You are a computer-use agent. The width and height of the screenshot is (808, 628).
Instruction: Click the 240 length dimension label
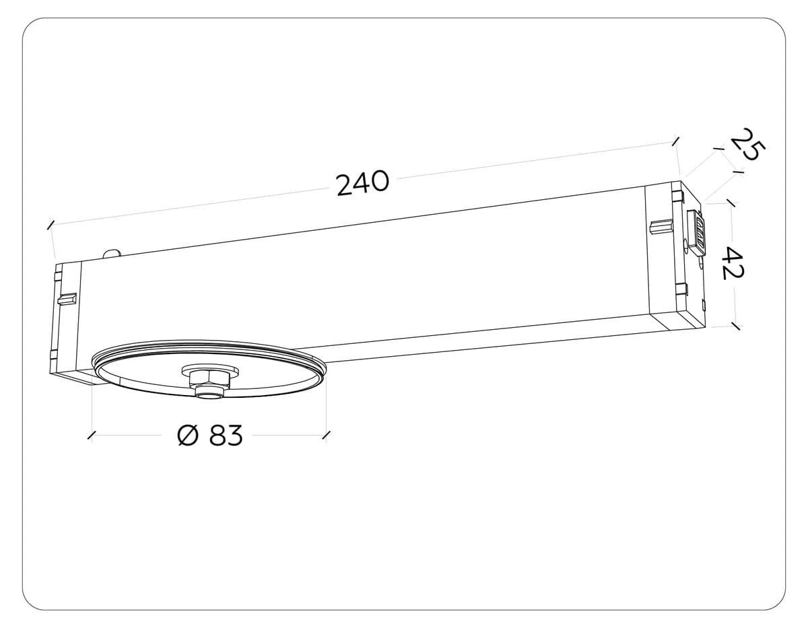click(x=363, y=183)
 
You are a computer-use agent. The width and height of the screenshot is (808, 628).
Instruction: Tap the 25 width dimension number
click(x=745, y=145)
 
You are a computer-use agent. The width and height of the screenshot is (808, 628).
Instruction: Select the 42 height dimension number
click(x=732, y=263)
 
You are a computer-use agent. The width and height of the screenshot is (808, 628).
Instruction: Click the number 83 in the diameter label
click(x=225, y=436)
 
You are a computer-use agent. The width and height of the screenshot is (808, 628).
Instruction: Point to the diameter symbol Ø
click(x=189, y=436)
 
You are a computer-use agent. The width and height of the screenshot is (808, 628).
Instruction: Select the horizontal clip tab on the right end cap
click(x=661, y=226)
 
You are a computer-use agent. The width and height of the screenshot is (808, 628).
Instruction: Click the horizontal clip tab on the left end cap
click(x=67, y=298)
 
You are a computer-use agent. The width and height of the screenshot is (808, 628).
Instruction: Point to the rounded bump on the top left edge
click(x=112, y=254)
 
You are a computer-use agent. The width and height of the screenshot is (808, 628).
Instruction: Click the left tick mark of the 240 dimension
click(x=50, y=223)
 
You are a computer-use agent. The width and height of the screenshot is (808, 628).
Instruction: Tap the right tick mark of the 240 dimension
click(x=675, y=141)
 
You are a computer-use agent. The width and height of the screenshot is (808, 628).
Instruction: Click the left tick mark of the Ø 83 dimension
click(x=92, y=435)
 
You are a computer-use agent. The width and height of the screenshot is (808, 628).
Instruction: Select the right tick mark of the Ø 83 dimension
click(x=327, y=435)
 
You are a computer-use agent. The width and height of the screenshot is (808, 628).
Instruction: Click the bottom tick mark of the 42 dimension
click(x=735, y=326)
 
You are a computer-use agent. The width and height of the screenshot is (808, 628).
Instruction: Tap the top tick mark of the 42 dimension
click(x=731, y=203)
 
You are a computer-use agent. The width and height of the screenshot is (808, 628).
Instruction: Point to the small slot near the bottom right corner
click(x=703, y=306)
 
